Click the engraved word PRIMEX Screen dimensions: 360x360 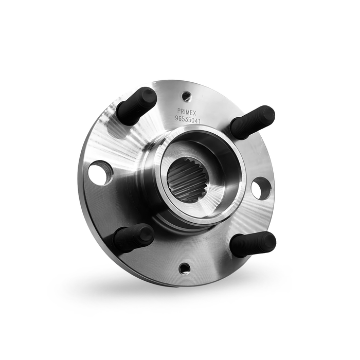187,111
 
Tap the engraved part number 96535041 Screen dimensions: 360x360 188,120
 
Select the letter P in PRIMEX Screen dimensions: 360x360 179,110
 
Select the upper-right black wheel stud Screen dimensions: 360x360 252,122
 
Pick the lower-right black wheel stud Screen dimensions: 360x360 252,244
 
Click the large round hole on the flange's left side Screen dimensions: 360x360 100,173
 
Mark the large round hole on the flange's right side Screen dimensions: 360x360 261,189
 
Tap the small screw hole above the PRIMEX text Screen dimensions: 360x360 187,96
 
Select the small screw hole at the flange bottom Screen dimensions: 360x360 184,268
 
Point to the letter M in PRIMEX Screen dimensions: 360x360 188,111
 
